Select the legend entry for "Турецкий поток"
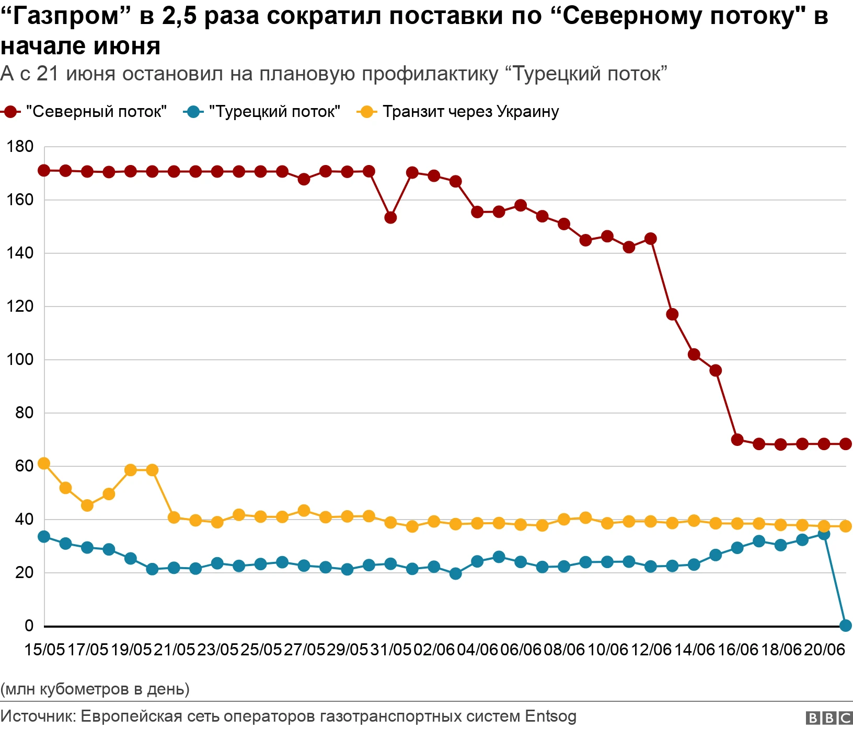[262, 112]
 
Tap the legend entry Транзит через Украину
[458, 112]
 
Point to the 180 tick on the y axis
[20, 147]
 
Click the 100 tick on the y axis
[20, 359]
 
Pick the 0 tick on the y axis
[29, 626]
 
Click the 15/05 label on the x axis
[44, 650]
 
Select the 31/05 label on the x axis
[391, 650]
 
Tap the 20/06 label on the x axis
[824, 650]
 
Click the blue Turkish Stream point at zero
[846, 626]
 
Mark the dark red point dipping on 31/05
[390, 218]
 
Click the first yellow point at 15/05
[44, 464]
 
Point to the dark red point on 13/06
[672, 314]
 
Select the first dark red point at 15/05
[44, 171]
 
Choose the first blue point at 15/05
[44, 537]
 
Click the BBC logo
[829, 718]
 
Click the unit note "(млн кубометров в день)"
[95, 689]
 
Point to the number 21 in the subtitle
[48, 74]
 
